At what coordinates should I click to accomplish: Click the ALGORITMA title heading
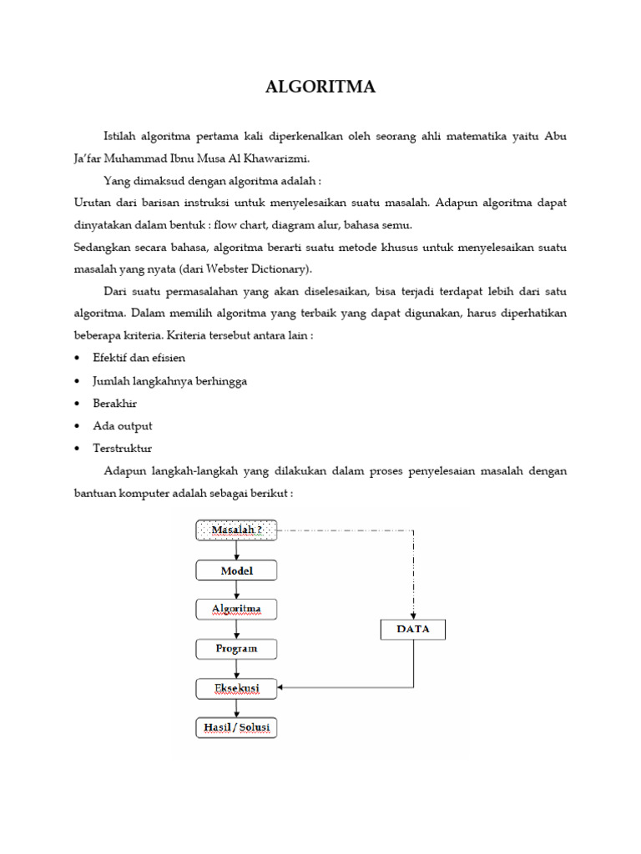pos(320,88)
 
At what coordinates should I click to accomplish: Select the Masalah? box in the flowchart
pos(236,530)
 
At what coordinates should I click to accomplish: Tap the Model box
pos(236,570)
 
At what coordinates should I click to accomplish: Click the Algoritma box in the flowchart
pos(236,609)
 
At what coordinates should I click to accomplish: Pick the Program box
pos(236,648)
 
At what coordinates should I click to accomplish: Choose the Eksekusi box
pos(236,688)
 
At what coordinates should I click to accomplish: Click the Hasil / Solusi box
pos(236,728)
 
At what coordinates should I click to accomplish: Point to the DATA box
pos(413,629)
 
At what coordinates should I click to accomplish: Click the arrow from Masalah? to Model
pos(237,550)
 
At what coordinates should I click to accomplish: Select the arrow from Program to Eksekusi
pos(237,668)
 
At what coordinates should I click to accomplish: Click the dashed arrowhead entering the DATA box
pos(413,614)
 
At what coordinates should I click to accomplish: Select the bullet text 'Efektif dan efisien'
pos(139,358)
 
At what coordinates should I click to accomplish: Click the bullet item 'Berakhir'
pos(115,403)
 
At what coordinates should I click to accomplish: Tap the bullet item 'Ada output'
pos(123,425)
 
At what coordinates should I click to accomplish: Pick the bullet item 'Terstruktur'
pos(123,448)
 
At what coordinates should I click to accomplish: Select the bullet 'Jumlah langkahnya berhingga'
pos(170,380)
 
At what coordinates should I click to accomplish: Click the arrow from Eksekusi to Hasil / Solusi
pos(237,708)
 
